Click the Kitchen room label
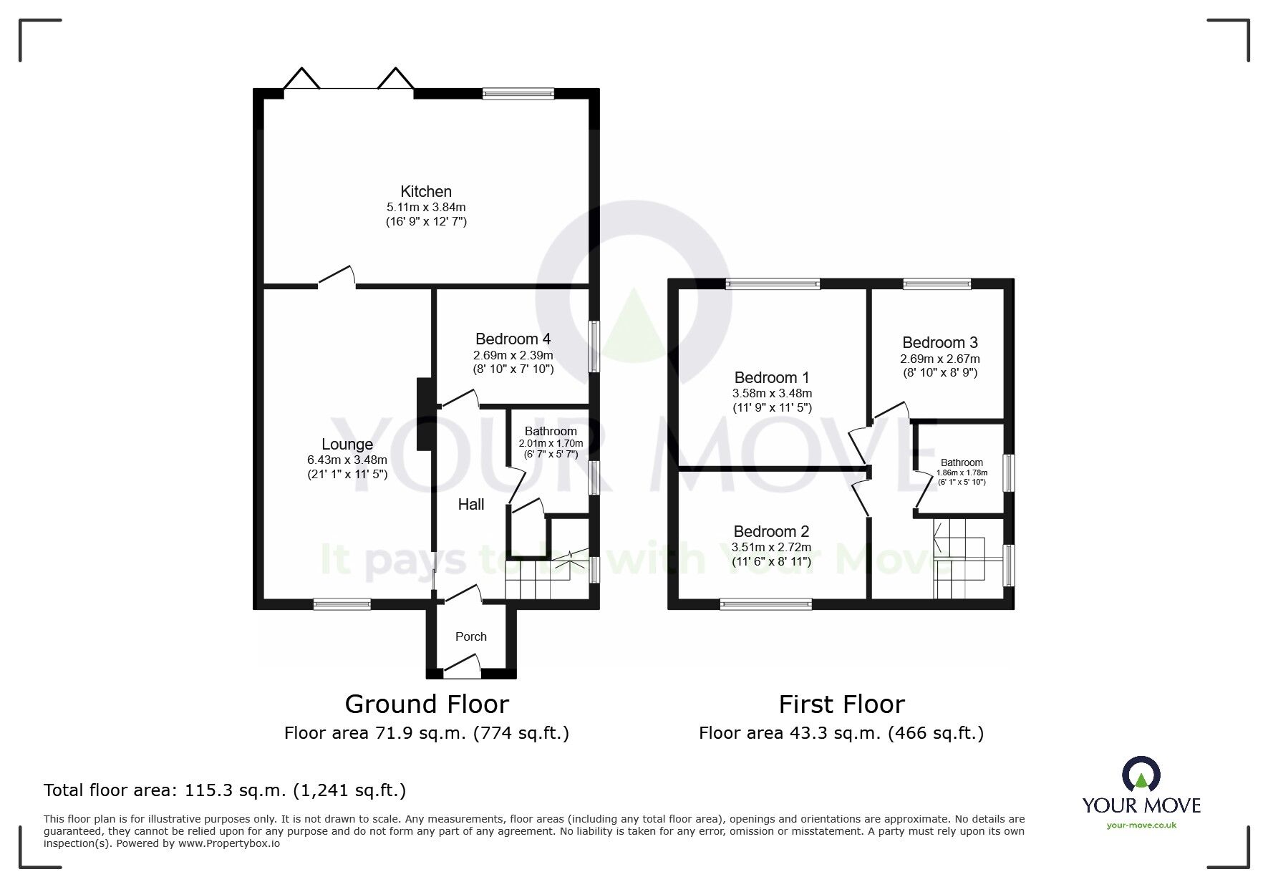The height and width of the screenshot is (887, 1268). coord(426,191)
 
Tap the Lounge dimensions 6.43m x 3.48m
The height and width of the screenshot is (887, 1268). coord(347,460)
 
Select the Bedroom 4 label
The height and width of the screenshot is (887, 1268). coord(513,339)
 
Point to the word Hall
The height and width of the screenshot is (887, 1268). coord(471,504)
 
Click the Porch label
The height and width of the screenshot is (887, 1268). coord(471,636)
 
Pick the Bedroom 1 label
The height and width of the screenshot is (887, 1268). coord(772,377)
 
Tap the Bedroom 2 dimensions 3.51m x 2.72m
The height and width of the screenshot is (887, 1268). coord(772,548)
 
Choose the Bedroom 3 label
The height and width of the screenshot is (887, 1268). coord(940,342)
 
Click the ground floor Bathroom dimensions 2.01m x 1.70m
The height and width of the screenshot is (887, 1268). coord(551,443)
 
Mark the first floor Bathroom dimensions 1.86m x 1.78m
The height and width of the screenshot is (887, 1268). coord(962,472)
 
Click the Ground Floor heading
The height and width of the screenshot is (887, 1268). coord(427,704)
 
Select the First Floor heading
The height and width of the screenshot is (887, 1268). coord(841,704)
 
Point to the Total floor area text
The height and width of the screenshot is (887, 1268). coord(225,790)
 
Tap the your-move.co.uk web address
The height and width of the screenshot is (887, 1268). coord(1141,825)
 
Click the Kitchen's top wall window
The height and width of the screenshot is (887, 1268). coord(518,93)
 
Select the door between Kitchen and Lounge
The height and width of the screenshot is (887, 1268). coord(337,278)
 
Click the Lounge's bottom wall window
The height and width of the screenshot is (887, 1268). coord(342,604)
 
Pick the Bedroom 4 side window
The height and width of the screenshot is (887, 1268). coord(594,346)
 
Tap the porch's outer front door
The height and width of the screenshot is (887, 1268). coord(463,670)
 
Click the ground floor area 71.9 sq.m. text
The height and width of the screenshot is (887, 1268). coord(427,733)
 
